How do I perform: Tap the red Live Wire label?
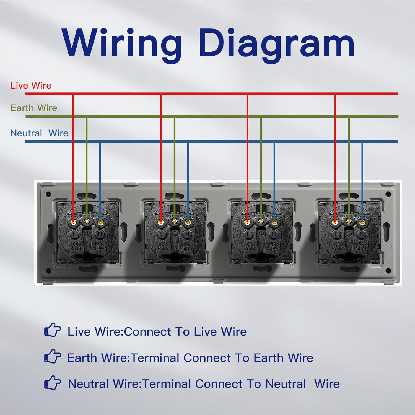[x=31, y=85]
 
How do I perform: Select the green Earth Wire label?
[x=34, y=108]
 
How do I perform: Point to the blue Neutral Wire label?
[x=39, y=133]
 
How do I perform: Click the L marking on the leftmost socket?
[x=74, y=235]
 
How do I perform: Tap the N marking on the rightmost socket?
[x=361, y=235]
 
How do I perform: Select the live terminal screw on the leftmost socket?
[x=74, y=221]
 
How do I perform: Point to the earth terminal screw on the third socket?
[x=261, y=221]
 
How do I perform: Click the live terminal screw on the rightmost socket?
[x=335, y=221]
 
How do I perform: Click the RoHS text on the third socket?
[x=249, y=248]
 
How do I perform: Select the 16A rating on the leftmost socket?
[x=98, y=244]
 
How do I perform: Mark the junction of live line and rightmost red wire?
[x=335, y=94]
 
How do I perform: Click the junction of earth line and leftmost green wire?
[x=87, y=116]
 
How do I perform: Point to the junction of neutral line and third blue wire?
[x=274, y=141]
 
